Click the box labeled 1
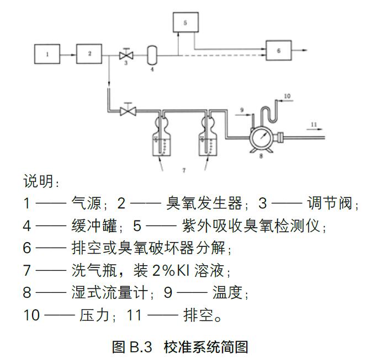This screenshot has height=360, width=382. [x=47, y=54]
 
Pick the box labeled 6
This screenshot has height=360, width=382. [x=278, y=50]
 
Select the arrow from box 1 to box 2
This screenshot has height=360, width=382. [x=68, y=54]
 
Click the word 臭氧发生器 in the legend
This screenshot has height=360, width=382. [x=204, y=203]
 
